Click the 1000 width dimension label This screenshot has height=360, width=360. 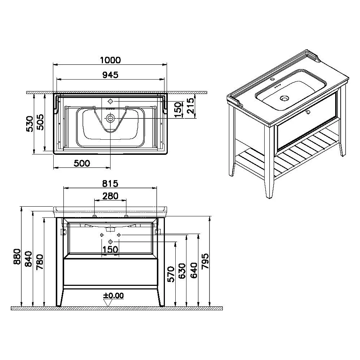[x=110, y=60]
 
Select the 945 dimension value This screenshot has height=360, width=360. [x=110, y=75]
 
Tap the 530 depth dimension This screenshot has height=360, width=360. [x=30, y=124]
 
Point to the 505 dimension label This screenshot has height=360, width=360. [x=41, y=122]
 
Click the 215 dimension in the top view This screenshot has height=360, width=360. [x=191, y=105]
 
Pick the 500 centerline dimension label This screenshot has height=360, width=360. [x=82, y=163]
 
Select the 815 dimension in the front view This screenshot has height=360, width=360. [x=110, y=184]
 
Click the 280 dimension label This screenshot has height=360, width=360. [x=110, y=196]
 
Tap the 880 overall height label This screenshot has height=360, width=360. [x=17, y=256]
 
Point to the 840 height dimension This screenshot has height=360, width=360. [x=29, y=259]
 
